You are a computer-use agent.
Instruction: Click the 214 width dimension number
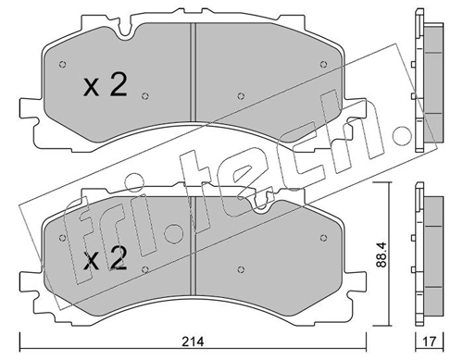193,341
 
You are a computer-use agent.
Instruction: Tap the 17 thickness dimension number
430,341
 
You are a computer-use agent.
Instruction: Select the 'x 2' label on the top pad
105,86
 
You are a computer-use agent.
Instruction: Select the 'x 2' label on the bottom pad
105,258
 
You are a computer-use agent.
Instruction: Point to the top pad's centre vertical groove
193,72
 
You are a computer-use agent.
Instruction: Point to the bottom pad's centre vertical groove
193,246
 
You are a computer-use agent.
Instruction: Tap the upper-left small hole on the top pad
62,65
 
